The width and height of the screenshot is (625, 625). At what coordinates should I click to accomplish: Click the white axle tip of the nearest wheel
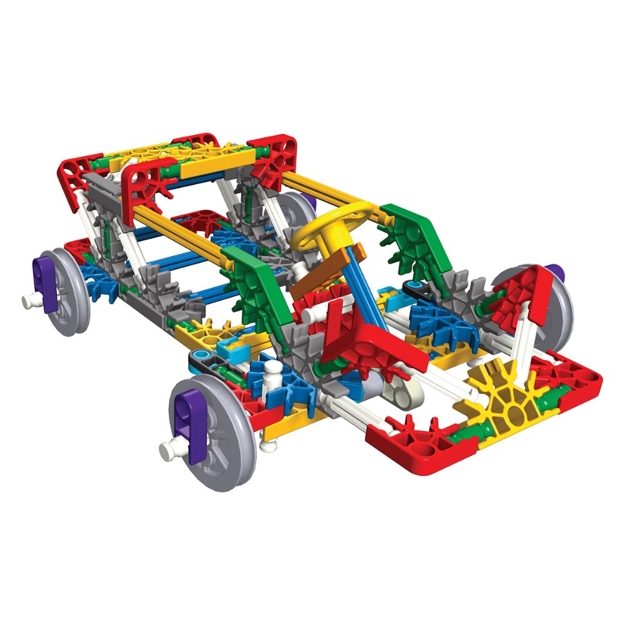point(166,449)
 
